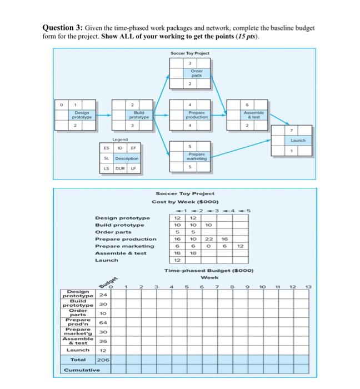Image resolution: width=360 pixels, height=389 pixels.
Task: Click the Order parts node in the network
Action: [x=197, y=75]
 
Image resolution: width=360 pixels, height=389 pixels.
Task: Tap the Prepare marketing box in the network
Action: [x=197, y=156]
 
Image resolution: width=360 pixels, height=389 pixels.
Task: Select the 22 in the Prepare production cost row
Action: [x=208, y=238]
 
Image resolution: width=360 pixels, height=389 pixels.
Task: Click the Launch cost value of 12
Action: [x=177, y=260]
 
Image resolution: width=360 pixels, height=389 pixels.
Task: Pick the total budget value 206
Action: [x=102, y=360]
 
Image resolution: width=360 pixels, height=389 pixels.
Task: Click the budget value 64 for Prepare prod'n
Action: [x=102, y=322]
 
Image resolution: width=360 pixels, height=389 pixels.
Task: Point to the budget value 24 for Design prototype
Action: [x=102, y=295]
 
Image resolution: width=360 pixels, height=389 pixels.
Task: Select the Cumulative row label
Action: [x=81, y=370]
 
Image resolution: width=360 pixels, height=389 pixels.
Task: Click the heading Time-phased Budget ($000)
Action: [x=209, y=270]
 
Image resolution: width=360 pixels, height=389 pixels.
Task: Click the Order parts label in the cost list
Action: [x=113, y=232]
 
